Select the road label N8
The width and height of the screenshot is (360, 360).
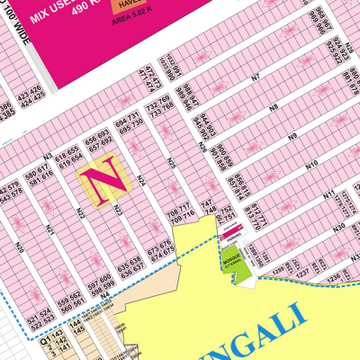pyautogui.click(x=273, y=107)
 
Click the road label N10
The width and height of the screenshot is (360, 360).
pyautogui.click(x=311, y=165)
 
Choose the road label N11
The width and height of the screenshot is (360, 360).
pyautogui.click(x=329, y=193)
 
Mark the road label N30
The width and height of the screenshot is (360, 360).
pyautogui.click(x=339, y=228)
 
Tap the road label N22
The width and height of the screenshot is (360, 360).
pyautogui.click(x=80, y=213)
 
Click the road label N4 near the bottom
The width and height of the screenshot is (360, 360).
pyautogui.click(x=104, y=293)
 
